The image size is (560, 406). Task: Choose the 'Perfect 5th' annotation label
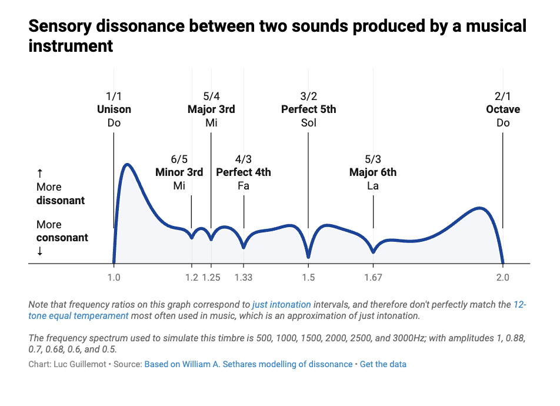(309, 109)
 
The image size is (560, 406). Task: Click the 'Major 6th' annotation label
(373, 172)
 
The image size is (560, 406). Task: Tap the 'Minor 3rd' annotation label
(179, 172)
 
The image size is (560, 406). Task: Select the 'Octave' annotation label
(503, 109)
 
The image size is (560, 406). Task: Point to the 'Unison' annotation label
(114, 109)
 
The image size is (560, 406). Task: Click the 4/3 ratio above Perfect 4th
(244, 159)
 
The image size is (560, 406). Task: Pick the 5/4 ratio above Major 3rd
(211, 96)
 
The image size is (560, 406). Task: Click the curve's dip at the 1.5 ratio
(308, 257)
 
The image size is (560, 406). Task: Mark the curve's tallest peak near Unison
(127, 164)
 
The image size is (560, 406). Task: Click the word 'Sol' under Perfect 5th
(309, 123)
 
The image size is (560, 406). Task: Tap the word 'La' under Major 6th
(373, 186)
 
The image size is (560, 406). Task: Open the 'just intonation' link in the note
(282, 305)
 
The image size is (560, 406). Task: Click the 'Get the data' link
(383, 364)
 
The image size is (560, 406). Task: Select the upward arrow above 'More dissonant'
(40, 173)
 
